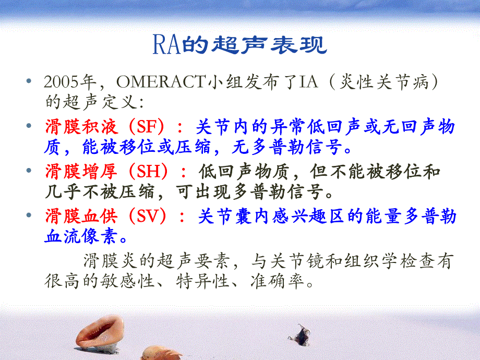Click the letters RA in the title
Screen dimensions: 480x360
(166, 46)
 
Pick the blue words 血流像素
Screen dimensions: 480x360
(79, 237)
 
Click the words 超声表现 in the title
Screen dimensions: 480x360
(269, 46)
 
